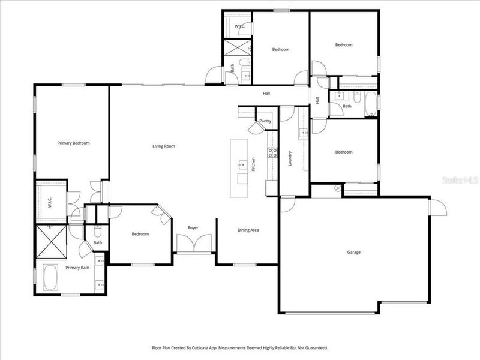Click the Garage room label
point(354,253)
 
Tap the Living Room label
point(163,146)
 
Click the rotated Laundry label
point(290,158)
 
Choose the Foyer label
point(193,228)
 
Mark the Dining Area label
point(248,230)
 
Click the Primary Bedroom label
point(73,143)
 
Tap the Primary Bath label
point(77,268)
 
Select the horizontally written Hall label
point(266,94)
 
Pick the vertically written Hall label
point(317,100)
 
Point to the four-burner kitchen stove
point(271,152)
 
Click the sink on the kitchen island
point(241,164)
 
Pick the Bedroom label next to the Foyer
point(140,234)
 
